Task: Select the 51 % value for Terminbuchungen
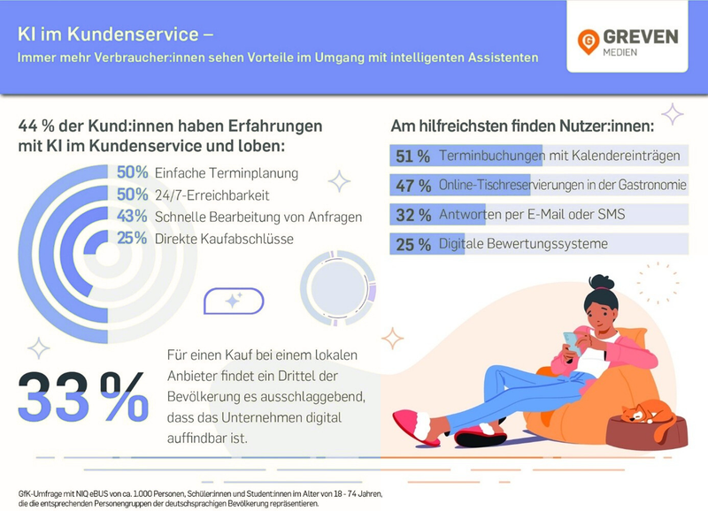point(412,156)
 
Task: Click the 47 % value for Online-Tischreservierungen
point(412,186)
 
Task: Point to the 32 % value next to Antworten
point(412,215)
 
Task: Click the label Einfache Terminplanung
point(227,173)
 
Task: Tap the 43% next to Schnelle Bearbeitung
point(132,216)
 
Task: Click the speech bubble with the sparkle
point(234,301)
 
